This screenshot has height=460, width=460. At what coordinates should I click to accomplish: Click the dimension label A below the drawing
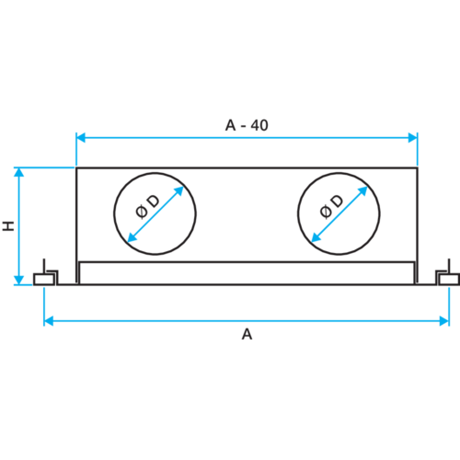pos(247,335)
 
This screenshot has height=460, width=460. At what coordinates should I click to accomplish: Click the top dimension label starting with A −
pos(247,124)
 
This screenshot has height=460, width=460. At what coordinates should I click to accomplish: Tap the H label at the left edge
pos(5,225)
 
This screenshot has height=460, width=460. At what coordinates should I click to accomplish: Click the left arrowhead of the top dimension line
pos(80,137)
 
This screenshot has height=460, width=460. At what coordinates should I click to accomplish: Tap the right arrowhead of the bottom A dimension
pos(444,320)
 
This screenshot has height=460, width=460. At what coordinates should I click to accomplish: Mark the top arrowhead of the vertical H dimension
pos(18,174)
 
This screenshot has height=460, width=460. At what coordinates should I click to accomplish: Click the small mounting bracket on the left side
pos(45,276)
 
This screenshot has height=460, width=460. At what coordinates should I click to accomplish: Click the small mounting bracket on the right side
pos(445,276)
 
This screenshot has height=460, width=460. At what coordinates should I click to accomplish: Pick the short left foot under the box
pos(78,273)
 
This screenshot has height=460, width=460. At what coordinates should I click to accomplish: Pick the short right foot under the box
pos(415,273)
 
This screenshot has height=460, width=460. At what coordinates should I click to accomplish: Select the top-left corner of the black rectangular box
pos(76,167)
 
